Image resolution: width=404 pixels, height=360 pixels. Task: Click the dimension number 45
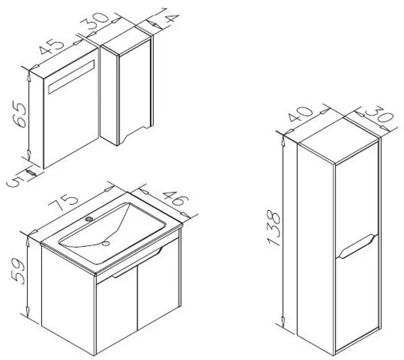(52, 47)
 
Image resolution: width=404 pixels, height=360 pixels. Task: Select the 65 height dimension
(20, 114)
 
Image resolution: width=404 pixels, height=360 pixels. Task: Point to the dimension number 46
(176, 199)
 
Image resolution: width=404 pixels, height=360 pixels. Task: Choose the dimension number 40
(300, 113)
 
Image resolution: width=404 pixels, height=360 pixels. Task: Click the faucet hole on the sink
(89, 219)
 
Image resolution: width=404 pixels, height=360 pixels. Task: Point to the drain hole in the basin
(106, 243)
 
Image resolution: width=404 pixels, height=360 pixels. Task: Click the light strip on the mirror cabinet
(71, 77)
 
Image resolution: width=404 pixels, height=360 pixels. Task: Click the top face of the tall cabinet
(339, 140)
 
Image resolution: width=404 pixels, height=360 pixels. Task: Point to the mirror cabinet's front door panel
(71, 108)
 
